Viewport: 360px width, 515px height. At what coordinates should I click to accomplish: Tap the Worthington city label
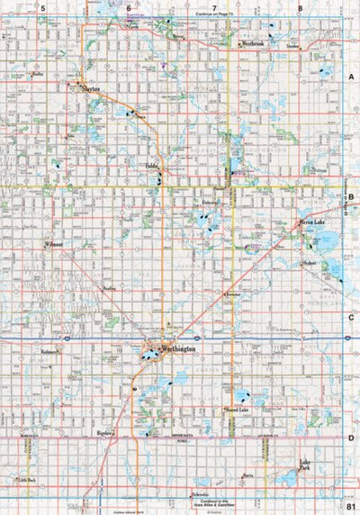(x=170, y=348)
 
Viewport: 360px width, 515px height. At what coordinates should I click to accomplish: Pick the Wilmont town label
(x=53, y=244)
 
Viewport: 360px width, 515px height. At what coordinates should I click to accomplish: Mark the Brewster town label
(x=232, y=294)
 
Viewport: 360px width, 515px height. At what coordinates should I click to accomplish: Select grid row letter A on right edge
(x=351, y=78)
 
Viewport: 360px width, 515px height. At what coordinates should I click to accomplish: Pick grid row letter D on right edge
(x=351, y=438)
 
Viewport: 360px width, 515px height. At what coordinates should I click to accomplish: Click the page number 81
(x=350, y=508)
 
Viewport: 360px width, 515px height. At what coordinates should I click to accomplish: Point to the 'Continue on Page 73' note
(x=214, y=16)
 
